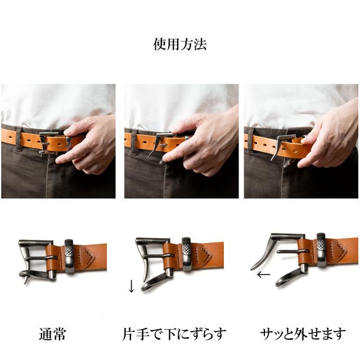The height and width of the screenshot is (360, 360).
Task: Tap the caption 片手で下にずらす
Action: coord(174,334)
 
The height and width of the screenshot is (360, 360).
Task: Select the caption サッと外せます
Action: coord(303,334)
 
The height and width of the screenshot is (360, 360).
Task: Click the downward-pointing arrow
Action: coord(131,286)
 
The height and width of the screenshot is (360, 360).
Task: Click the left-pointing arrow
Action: coord(263,275)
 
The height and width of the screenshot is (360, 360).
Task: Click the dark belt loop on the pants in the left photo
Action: coord(19,141)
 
